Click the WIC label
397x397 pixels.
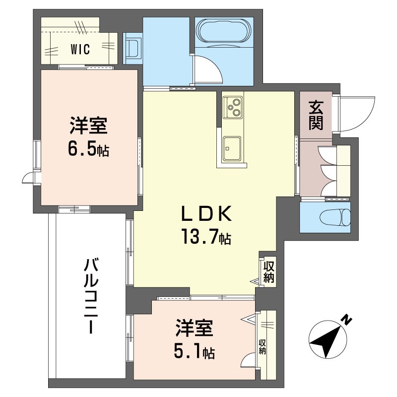[79, 50]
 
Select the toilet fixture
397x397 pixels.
[335, 217]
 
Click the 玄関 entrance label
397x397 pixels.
[316, 115]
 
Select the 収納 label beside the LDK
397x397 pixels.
[269, 271]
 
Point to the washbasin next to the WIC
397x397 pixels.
[132, 48]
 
